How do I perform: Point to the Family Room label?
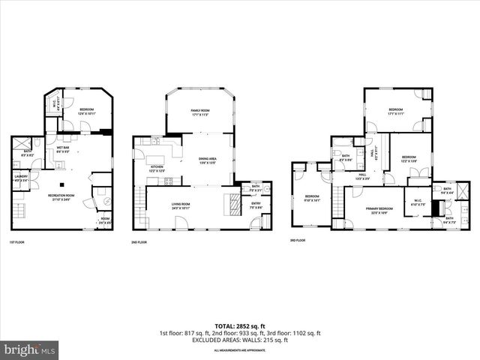[x=199, y=112]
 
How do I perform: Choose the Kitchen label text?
[x=157, y=169]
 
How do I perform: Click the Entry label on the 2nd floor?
[x=256, y=205]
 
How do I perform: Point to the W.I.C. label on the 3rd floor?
[x=417, y=202]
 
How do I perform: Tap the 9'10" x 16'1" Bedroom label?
[x=312, y=198]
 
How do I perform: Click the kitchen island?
[x=175, y=150]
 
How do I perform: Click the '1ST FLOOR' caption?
[x=19, y=242]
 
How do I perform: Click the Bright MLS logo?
[x=30, y=349]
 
